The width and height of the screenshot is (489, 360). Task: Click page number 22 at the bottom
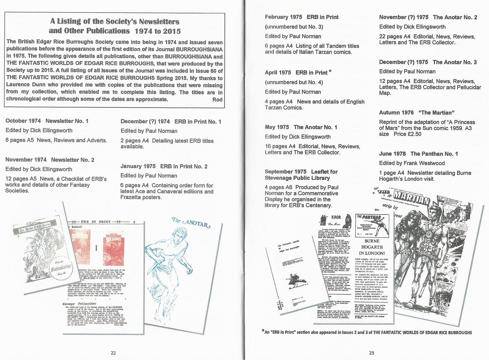coord(113,353)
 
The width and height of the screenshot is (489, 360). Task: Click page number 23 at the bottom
coord(371,353)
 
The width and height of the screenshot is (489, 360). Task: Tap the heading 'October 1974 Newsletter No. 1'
coord(47,121)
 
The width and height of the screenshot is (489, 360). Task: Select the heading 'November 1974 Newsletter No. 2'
coord(50,160)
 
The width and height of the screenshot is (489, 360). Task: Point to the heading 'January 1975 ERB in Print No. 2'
coord(164,166)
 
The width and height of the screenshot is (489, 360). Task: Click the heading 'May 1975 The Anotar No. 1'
coord(301,127)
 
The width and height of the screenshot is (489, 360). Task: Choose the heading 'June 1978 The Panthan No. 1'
coord(418,154)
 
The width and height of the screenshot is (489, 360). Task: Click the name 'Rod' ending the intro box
coord(217,99)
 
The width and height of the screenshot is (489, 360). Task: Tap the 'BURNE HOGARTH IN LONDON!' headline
coord(372,247)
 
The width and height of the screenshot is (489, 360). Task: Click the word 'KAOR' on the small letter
coord(336,217)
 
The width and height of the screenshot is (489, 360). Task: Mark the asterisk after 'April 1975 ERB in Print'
coord(330,72)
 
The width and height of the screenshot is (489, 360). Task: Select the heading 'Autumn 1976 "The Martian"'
coord(416,112)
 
